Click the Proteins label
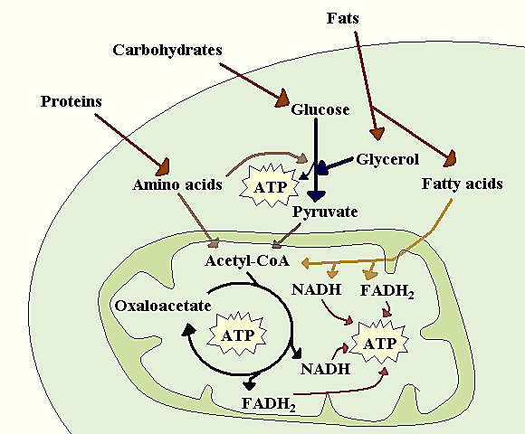(x=71, y=100)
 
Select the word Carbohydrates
(x=167, y=51)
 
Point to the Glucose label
(x=320, y=110)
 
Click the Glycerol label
(x=387, y=159)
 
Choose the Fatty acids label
(x=462, y=184)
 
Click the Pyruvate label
(x=325, y=212)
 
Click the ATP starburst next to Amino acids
(x=268, y=187)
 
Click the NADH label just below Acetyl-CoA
(x=318, y=290)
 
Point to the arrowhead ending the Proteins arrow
(x=163, y=167)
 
